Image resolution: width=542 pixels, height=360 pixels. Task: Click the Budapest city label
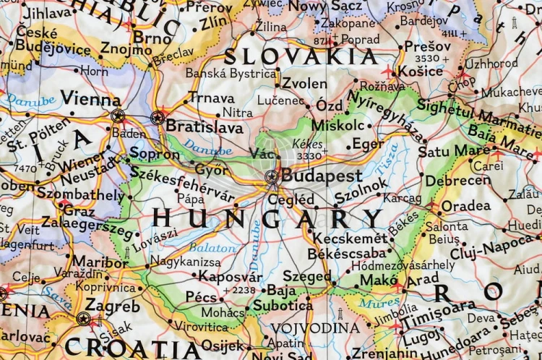(x=322, y=176)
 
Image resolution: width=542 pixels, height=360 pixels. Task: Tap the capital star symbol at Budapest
(x=272, y=176)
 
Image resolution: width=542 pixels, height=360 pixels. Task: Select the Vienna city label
(x=90, y=98)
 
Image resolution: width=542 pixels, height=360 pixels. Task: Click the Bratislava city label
(x=205, y=127)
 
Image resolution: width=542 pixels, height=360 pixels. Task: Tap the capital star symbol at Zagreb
(x=84, y=318)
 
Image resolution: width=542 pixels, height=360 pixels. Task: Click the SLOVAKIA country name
(x=300, y=56)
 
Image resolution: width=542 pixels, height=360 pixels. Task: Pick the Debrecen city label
(x=457, y=181)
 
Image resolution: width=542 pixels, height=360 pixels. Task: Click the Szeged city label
(x=307, y=276)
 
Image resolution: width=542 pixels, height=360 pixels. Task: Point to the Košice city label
(x=420, y=71)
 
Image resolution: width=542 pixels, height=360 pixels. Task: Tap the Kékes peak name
(x=308, y=144)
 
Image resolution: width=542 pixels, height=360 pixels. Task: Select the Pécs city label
(x=201, y=297)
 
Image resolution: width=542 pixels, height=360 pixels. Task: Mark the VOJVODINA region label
(x=315, y=328)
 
